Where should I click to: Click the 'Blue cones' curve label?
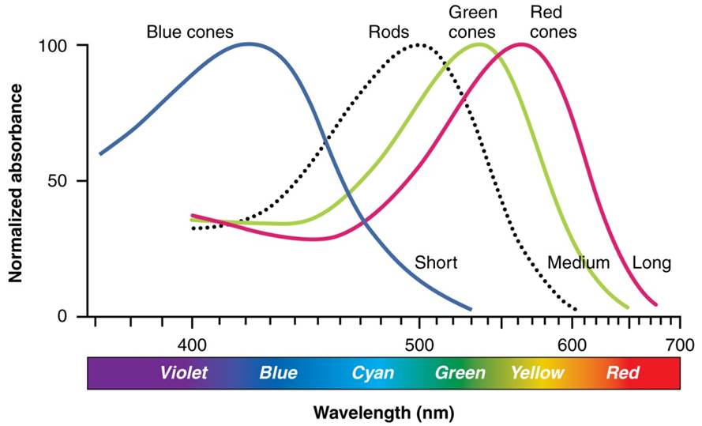point(190,32)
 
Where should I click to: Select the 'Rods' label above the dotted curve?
point(389,32)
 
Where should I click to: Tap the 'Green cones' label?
point(472,22)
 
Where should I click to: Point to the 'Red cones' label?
point(553,22)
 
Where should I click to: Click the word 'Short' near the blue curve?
point(436,262)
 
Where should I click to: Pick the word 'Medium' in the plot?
point(578,262)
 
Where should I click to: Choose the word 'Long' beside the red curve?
point(651,262)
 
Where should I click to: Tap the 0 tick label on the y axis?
point(63,316)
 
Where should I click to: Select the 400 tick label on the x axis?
point(192,345)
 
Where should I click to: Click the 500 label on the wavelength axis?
point(419,345)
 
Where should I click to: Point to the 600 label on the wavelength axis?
point(572,345)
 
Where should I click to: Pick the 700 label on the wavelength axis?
point(679,345)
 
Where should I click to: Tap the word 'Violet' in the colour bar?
point(183,372)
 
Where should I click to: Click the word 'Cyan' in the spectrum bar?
point(373,372)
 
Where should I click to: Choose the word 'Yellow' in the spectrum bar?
point(537,372)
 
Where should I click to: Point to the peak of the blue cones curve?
point(250,43)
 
